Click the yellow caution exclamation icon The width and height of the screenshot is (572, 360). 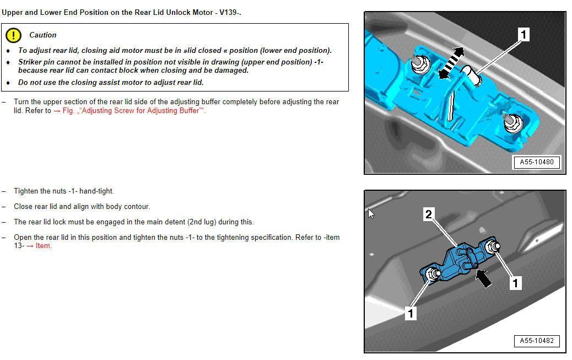point(13,35)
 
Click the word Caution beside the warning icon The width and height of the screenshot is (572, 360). point(42,35)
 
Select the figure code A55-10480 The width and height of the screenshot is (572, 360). point(536,162)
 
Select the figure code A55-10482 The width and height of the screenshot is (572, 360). point(536,341)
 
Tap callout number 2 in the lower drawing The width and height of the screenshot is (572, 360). point(429,214)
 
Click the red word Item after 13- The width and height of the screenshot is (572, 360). point(43,246)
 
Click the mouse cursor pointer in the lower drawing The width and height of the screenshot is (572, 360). point(371,213)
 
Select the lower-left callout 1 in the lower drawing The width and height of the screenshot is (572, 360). point(410,313)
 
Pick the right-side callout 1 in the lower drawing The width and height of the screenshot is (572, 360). point(515,283)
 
